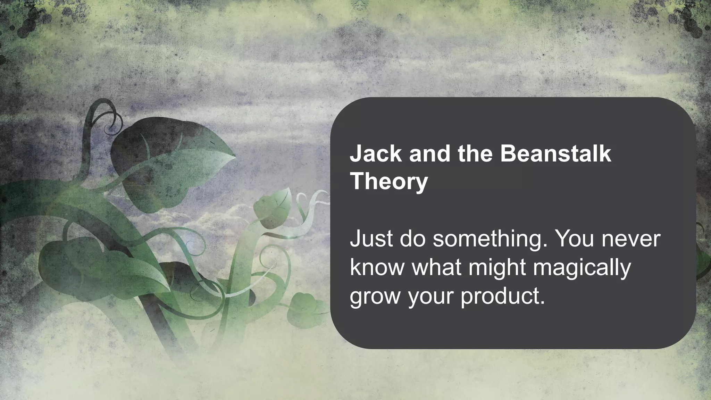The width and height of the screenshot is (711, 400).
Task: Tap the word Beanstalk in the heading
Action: tap(555, 154)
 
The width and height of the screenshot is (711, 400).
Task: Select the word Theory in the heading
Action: tap(389, 182)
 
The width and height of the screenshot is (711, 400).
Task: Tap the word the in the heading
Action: tap(475, 154)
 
